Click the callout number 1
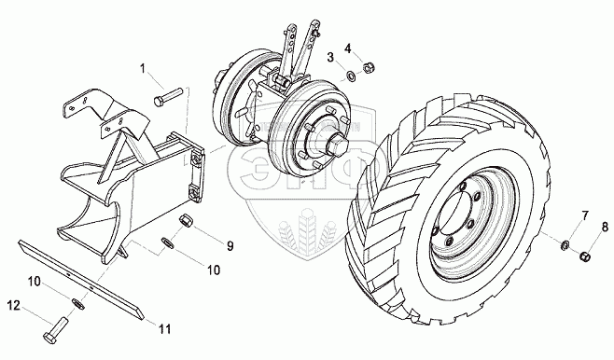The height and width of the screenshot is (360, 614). [x=143, y=69]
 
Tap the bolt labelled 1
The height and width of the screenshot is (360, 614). [x=168, y=96]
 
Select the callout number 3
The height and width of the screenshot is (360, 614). [x=330, y=58]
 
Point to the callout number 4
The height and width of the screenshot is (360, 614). [x=348, y=48]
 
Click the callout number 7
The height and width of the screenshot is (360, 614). [x=585, y=215]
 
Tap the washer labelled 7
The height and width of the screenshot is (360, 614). [x=565, y=245]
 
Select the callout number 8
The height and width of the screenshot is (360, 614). [x=605, y=227]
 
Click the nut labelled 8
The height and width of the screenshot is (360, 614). [x=584, y=257]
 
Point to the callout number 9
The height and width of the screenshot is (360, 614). [x=230, y=245]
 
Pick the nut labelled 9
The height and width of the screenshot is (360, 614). [x=185, y=220]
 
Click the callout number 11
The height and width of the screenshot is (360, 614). [x=165, y=329]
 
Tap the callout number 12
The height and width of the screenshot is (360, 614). [x=14, y=306]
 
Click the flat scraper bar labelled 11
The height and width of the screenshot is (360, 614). [x=81, y=280]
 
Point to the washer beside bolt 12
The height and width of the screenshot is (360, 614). [x=78, y=304]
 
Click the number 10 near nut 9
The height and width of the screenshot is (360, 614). [x=214, y=270]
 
